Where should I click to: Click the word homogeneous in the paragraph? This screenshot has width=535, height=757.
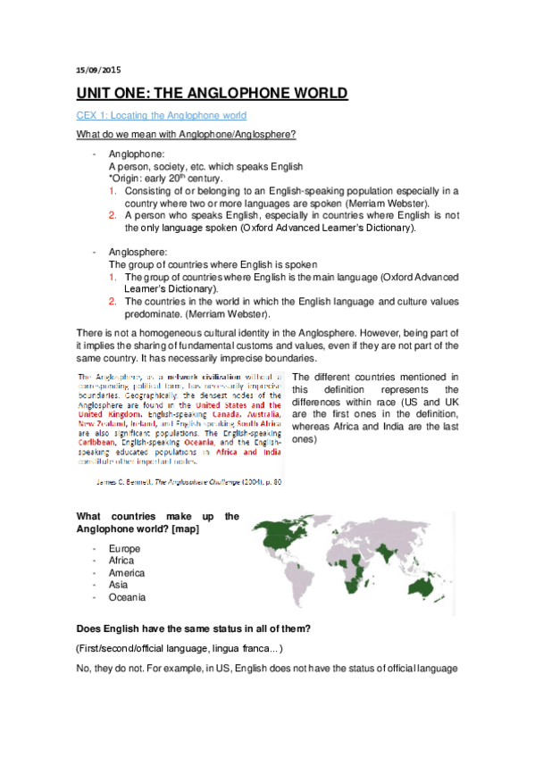point(179,333)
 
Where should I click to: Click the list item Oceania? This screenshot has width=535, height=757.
point(126,597)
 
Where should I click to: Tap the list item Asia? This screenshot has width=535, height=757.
point(118,585)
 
